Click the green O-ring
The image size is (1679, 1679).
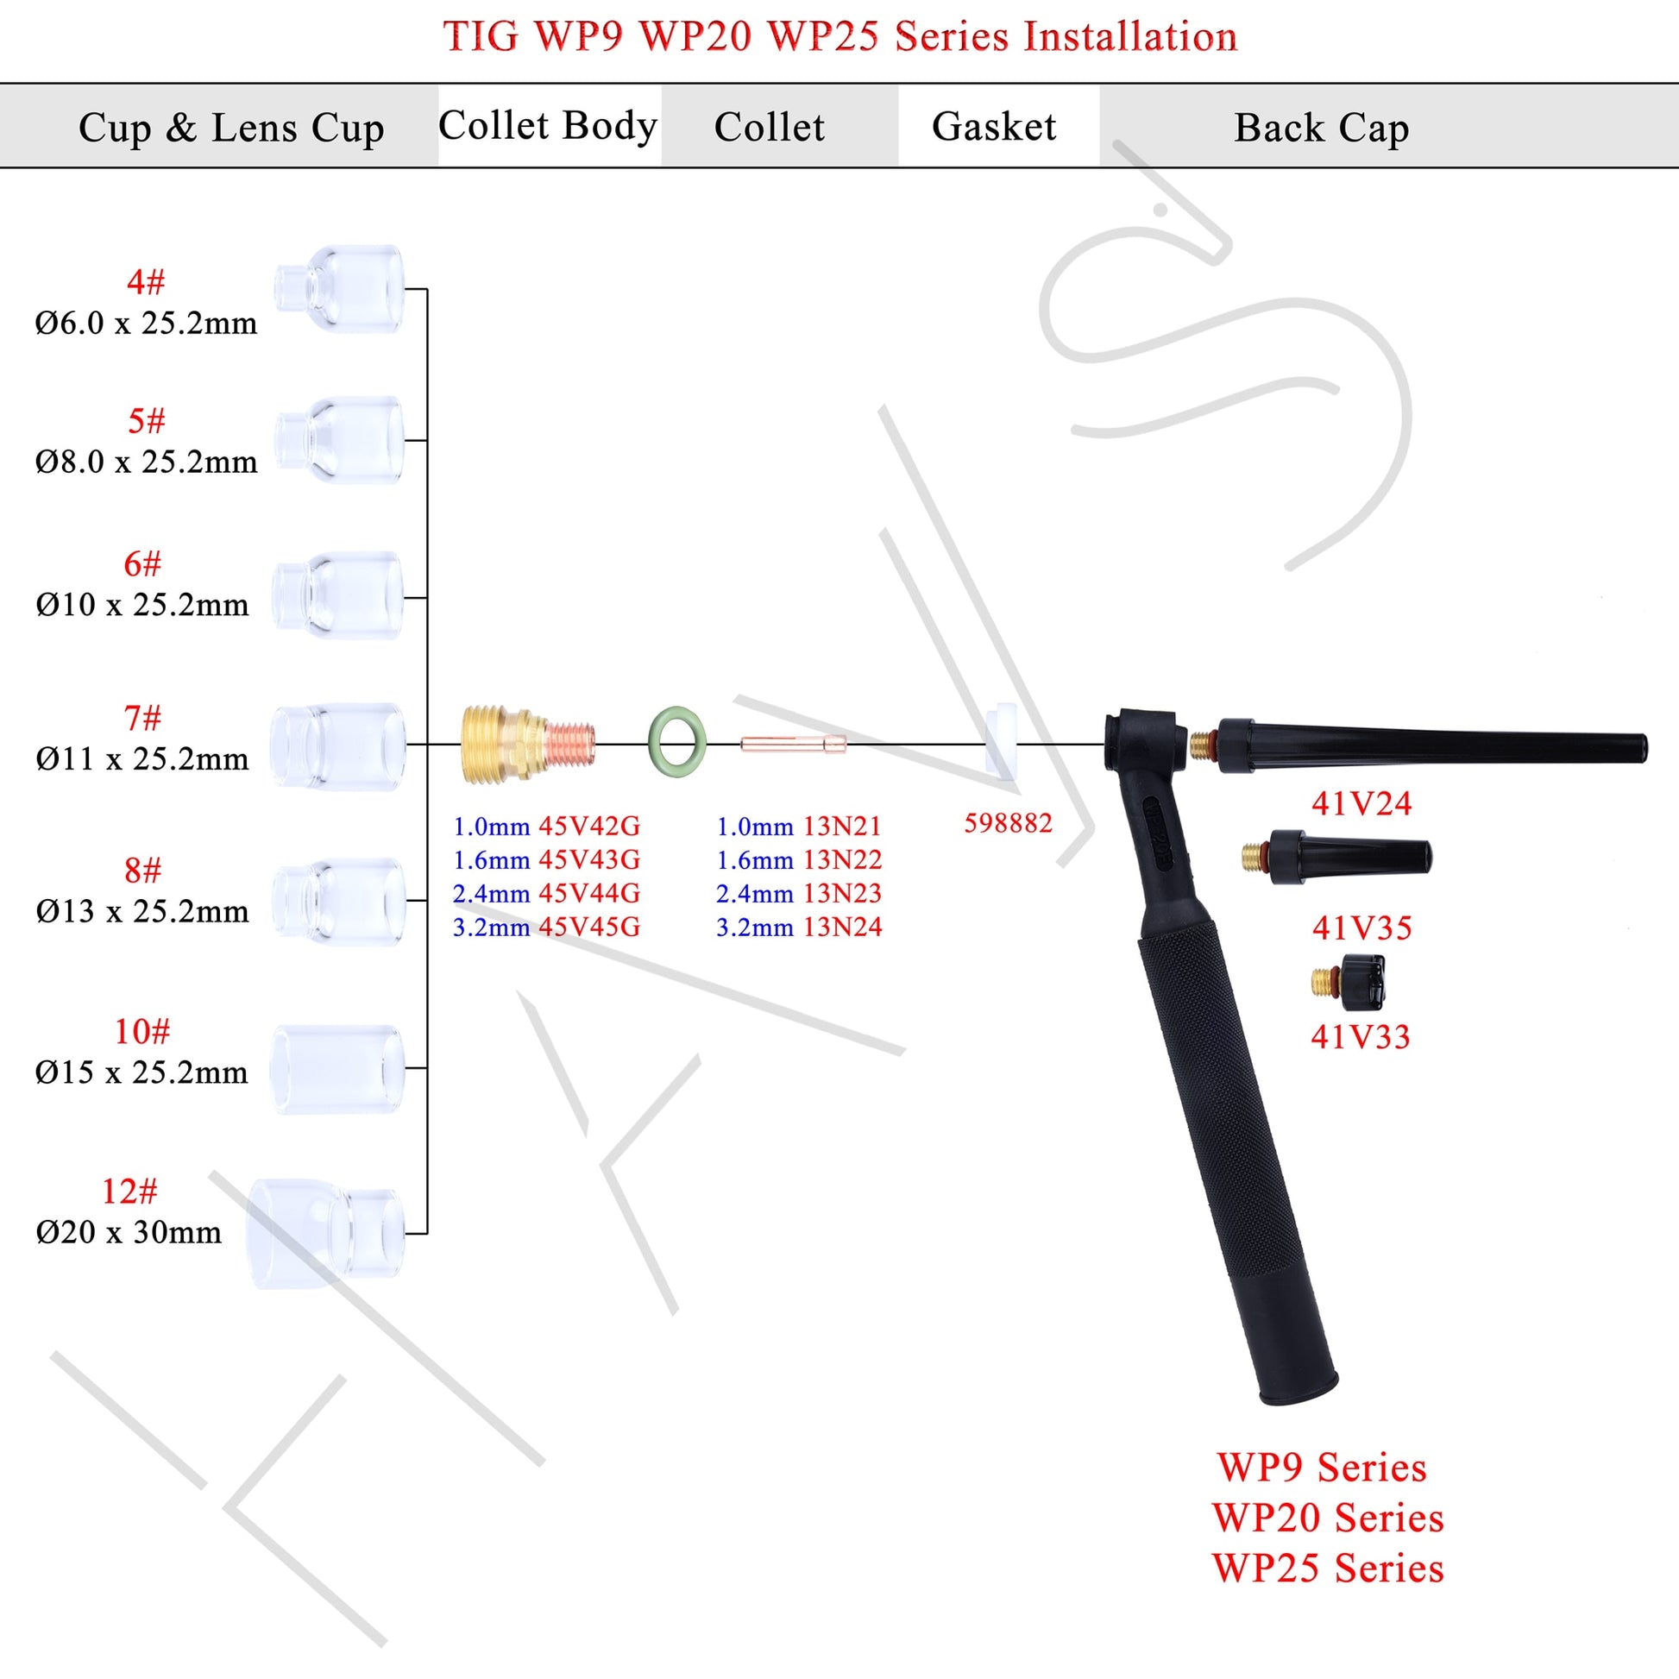point(677,743)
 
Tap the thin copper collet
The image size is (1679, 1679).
point(793,744)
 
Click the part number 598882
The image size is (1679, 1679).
point(1007,823)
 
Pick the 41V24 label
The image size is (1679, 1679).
point(1361,804)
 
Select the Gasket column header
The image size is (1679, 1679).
point(993,127)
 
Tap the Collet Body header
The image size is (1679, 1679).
point(548,126)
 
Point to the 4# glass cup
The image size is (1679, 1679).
point(340,288)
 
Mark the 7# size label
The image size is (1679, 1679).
point(142,718)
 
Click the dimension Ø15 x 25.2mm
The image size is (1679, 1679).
point(141,1072)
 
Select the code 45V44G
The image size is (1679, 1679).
point(589,893)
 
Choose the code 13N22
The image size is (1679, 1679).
point(841,859)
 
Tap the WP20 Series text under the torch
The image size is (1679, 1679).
point(1328,1519)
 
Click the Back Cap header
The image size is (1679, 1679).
point(1321,128)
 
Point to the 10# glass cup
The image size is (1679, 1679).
point(337,1068)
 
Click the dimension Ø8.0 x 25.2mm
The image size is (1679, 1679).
point(146,462)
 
